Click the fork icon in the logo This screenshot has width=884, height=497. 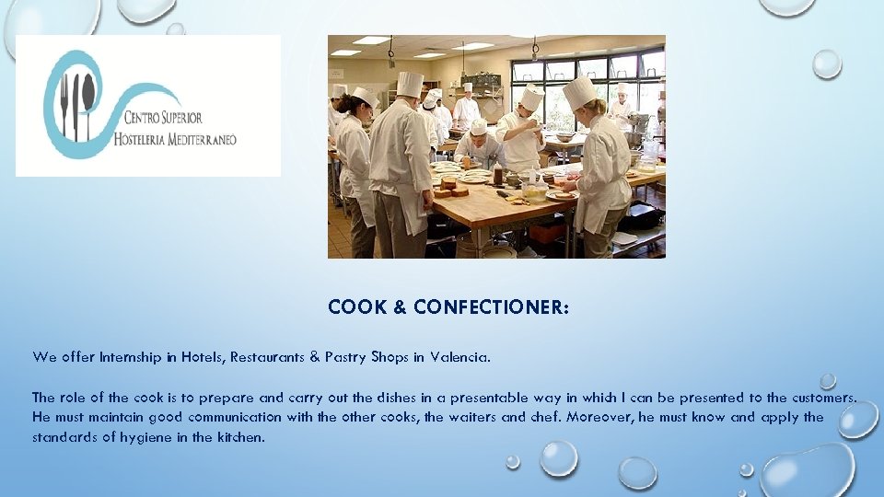click(64, 105)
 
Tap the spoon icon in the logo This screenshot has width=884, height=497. click(88, 101)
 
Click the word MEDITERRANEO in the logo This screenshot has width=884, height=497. click(202, 140)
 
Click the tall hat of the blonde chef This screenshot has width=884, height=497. click(579, 92)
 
